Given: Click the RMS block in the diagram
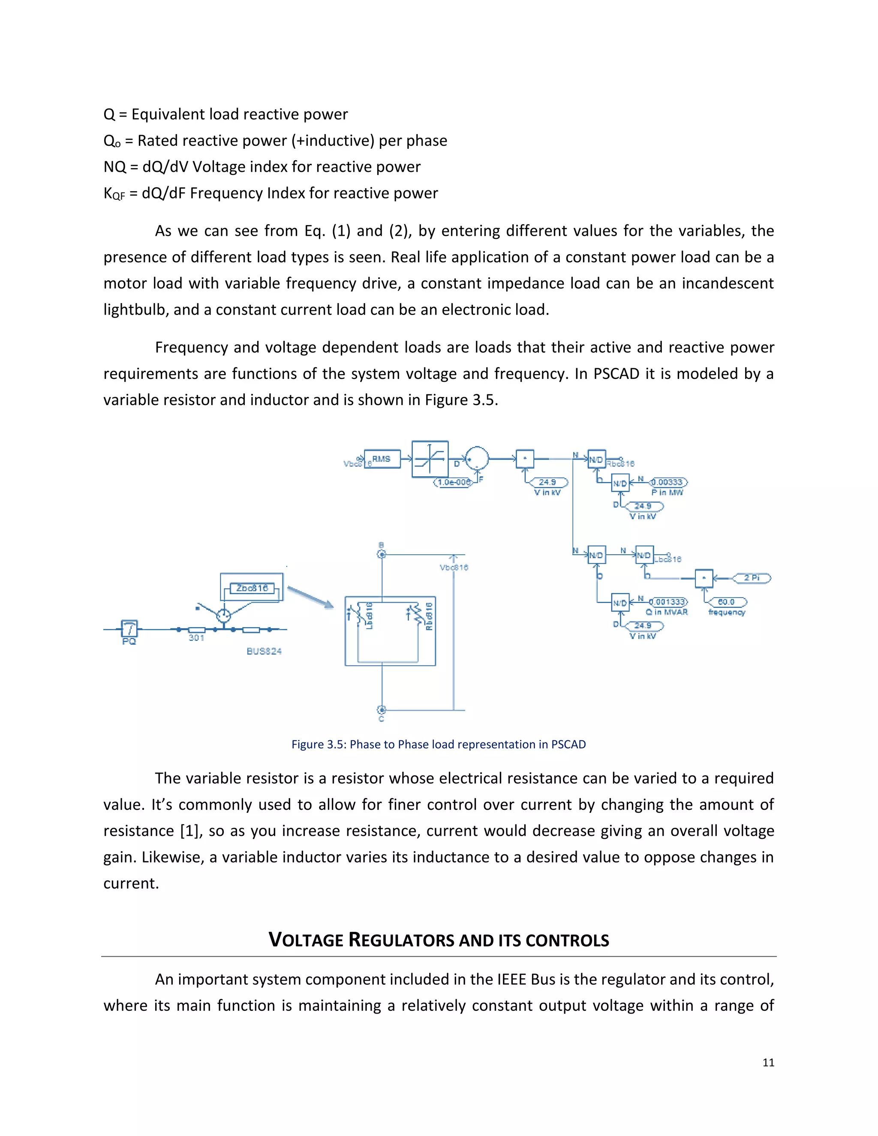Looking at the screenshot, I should (382, 459).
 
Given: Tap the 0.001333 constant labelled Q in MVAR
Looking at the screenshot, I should (669, 602).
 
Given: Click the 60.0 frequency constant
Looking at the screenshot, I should (726, 602).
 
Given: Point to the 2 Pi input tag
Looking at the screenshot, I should (752, 578).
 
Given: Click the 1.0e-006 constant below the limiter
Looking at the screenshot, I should (454, 482).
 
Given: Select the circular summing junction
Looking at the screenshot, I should (476, 459).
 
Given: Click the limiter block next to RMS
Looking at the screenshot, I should (430, 459).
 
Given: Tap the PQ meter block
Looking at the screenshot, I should (129, 628).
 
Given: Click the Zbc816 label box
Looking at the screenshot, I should (252, 588).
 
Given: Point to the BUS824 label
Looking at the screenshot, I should (264, 651).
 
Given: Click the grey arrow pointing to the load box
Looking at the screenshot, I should (310, 597).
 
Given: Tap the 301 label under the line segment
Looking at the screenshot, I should (196, 638).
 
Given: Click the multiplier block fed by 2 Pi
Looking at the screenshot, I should (704, 578).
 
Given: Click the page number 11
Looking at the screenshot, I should (768, 1063).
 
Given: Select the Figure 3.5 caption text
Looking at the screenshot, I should (439, 744).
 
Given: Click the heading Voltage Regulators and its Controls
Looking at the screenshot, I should (439, 940).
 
